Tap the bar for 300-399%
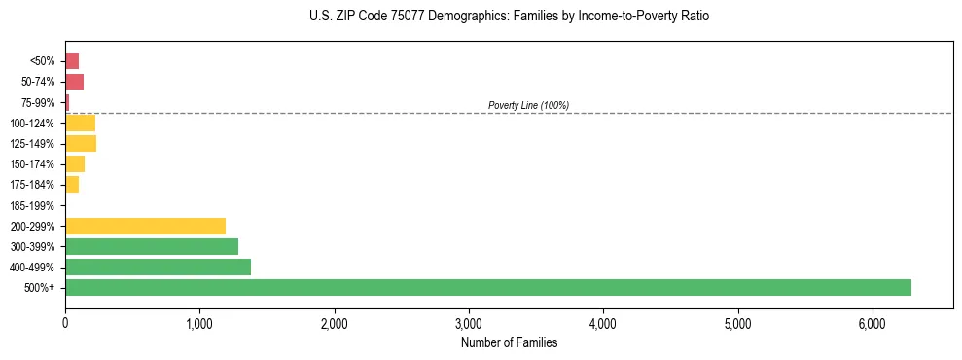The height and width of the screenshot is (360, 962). click(152, 246)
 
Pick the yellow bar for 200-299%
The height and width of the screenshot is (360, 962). click(145, 226)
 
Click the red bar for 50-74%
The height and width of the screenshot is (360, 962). click(74, 82)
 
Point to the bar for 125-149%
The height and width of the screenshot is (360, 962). click(81, 144)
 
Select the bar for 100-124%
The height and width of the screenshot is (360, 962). click(80, 123)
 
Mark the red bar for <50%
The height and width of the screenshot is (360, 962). click(72, 61)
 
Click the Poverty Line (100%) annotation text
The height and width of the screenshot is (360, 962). click(528, 105)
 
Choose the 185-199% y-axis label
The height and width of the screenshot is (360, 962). click(32, 205)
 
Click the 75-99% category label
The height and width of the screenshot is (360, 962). click(37, 102)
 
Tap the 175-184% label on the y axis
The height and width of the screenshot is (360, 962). click(32, 185)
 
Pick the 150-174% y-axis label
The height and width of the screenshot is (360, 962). click(32, 164)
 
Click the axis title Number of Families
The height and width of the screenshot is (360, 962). click(509, 342)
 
